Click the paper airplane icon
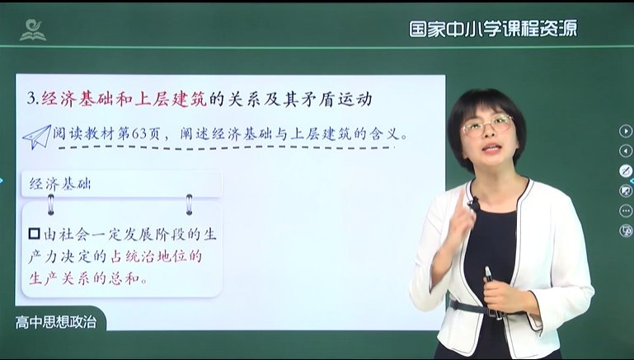click(37, 137)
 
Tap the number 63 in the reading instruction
click(139, 133)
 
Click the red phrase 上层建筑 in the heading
click(170, 99)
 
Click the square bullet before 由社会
click(35, 234)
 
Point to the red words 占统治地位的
click(156, 256)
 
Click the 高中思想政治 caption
click(56, 322)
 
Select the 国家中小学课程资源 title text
click(493, 29)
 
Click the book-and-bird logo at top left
click(33, 30)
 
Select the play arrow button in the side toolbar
click(626, 131)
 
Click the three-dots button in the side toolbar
click(626, 211)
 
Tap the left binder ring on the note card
click(51, 204)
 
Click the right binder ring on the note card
click(189, 204)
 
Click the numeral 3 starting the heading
click(31, 100)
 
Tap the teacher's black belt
click(477, 308)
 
